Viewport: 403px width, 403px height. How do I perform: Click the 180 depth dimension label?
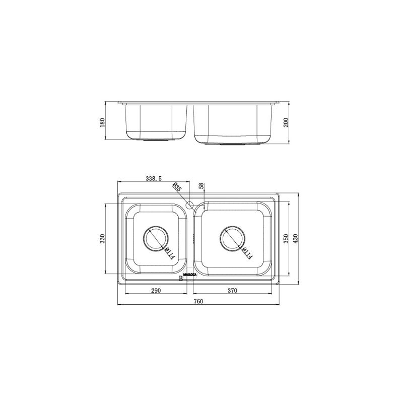(102, 122)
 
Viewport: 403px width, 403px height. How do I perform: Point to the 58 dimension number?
(200, 186)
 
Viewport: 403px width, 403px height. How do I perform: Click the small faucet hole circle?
(190, 205)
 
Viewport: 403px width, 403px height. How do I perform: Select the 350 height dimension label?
(285, 238)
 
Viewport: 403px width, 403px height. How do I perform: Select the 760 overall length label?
(198, 301)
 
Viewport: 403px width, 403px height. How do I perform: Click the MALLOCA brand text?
(190, 275)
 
